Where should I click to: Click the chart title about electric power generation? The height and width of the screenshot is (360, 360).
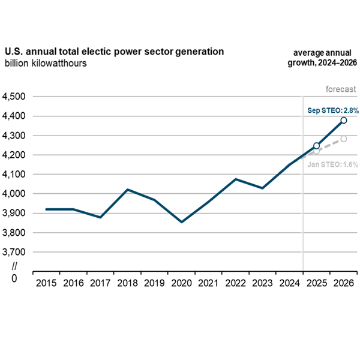tap(114, 52)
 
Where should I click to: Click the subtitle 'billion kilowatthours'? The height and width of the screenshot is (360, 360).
tap(46, 64)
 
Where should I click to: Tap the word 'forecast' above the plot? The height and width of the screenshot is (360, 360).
tap(341, 89)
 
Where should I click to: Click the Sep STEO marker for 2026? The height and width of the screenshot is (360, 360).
tap(344, 121)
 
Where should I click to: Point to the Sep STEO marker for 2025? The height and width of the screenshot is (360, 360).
tap(317, 146)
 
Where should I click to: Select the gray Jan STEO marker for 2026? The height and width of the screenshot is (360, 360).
tap(344, 139)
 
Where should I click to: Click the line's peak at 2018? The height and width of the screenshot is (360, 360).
tap(127, 190)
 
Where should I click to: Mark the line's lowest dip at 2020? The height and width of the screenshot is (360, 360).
tap(181, 222)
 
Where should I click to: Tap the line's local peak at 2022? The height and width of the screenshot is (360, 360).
tap(236, 179)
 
